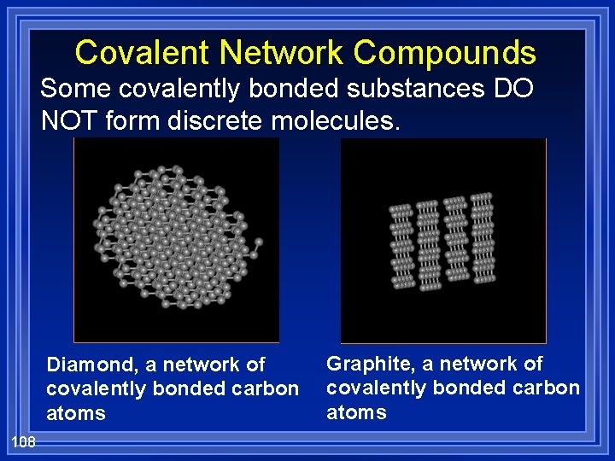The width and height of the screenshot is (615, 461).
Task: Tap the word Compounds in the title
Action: tap(445, 53)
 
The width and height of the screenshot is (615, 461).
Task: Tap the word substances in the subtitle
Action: tap(395, 89)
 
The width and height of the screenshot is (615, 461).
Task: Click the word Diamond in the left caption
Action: tap(92, 365)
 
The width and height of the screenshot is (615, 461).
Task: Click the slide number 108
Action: tap(23, 441)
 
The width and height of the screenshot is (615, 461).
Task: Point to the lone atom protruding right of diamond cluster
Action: tap(259, 242)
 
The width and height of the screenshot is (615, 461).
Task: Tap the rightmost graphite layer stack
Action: tap(483, 236)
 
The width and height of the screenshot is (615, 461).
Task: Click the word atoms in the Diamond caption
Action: tap(76, 414)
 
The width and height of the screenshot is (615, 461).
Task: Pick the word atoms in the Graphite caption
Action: tap(356, 413)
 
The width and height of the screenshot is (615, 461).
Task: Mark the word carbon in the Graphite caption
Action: tap(548, 388)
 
